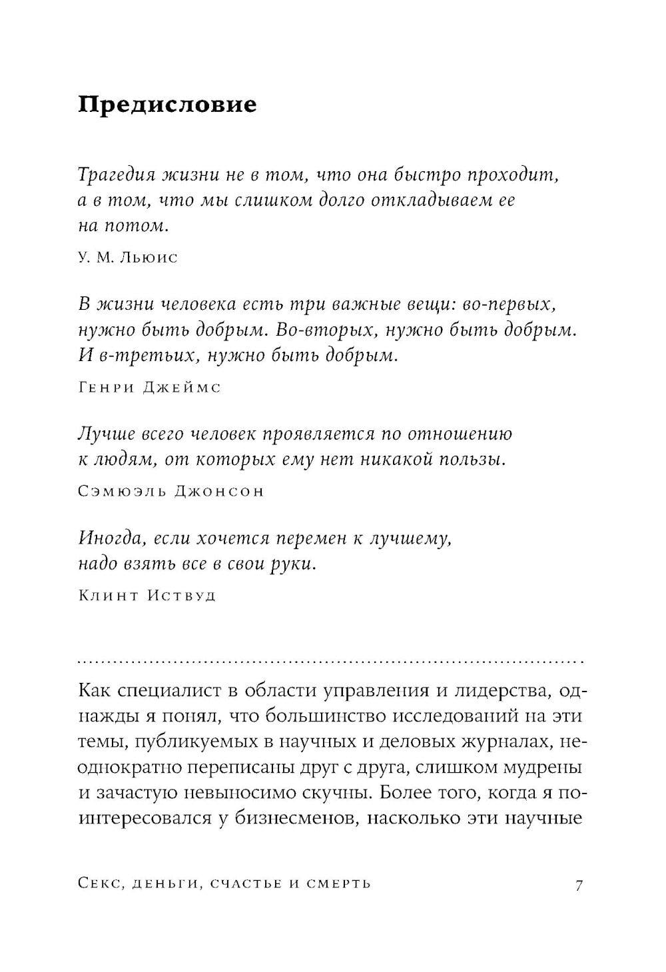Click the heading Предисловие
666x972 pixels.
pos(167,105)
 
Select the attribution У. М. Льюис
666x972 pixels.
pos(127,257)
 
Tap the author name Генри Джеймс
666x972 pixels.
pos(149,388)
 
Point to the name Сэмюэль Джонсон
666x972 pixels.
pos(170,491)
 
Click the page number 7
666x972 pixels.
pos(578,885)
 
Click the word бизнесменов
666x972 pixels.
pos(294,818)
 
